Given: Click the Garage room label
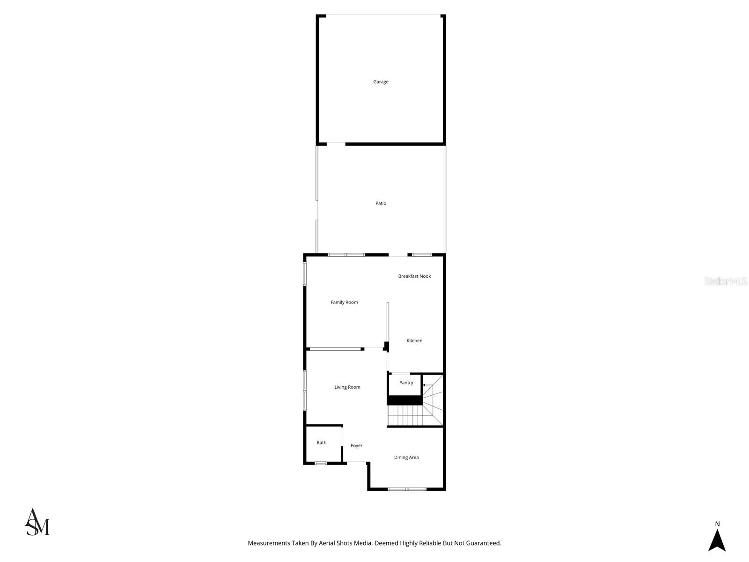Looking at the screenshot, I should click(x=381, y=82).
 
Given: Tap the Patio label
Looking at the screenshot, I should click(x=381, y=204).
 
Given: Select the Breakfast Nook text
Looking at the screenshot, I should click(x=414, y=276).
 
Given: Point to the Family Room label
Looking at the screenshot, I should click(x=344, y=303).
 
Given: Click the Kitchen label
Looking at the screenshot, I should click(x=414, y=341).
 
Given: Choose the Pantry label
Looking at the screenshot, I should click(x=406, y=383).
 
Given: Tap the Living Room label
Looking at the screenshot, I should click(x=347, y=387).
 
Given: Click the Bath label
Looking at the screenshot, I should click(x=321, y=443).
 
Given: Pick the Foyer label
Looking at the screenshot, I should click(x=356, y=446).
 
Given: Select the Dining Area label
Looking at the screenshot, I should click(x=406, y=458).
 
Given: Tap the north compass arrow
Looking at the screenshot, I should click(x=717, y=540).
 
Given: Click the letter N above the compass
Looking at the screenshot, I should click(x=717, y=524).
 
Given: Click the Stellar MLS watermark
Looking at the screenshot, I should click(x=726, y=281).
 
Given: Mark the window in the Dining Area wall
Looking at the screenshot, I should click(x=407, y=489).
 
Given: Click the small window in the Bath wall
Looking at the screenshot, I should click(x=320, y=463).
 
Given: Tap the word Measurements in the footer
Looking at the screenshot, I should click(x=269, y=543).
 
